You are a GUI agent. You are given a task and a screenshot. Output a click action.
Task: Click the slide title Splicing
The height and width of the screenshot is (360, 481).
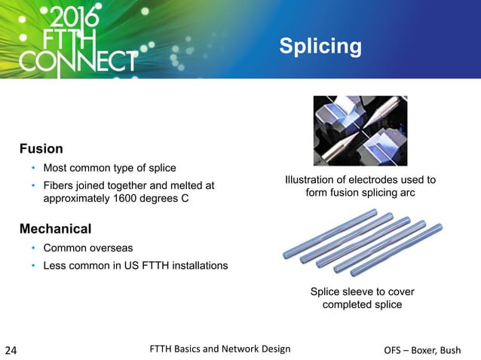pos(320,47)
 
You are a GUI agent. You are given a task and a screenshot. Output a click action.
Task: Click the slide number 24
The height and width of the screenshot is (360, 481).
pos(13,349)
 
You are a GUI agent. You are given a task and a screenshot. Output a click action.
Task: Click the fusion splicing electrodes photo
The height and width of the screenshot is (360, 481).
pos(360,130)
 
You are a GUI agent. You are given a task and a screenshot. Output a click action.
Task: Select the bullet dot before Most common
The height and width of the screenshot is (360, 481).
pos(33,168)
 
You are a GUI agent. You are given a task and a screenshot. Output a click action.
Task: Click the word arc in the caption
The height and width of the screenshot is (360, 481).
pos(407,192)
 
